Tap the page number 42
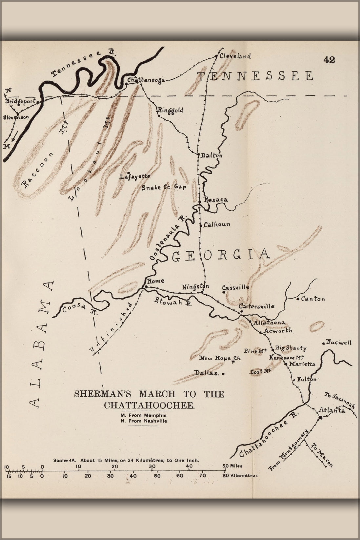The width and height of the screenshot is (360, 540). (x=329, y=60)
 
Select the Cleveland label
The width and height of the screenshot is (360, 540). (x=235, y=56)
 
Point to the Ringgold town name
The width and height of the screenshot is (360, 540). (x=170, y=110)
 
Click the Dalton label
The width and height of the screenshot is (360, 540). (x=211, y=156)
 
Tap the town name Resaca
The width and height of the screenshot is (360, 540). (x=215, y=199)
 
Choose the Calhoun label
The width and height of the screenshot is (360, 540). (x=217, y=225)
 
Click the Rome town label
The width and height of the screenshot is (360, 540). (x=155, y=281)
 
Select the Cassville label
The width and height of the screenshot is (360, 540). (x=236, y=287)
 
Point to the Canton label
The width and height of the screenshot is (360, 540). (x=313, y=299)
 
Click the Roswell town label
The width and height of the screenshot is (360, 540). (x=339, y=343)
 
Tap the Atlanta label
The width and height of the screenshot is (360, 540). (x=332, y=410)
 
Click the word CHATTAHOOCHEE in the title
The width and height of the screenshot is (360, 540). (x=150, y=405)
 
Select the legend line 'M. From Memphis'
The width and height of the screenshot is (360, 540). (x=144, y=415)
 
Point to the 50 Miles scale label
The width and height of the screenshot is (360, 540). (x=232, y=466)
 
